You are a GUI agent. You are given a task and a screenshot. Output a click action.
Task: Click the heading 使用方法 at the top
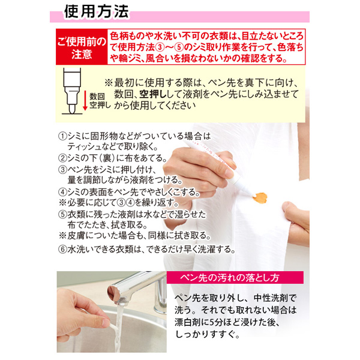[97, 13]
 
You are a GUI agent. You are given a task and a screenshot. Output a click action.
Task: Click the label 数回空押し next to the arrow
[97, 101]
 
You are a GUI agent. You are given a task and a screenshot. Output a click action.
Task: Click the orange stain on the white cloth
[262, 195]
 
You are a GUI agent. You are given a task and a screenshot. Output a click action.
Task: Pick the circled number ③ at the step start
[63, 169]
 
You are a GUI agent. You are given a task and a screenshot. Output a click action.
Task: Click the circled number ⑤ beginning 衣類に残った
[63, 214]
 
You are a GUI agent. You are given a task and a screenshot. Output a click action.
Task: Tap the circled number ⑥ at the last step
[63, 248]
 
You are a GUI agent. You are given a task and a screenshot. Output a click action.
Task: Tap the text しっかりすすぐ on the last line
[207, 336]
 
